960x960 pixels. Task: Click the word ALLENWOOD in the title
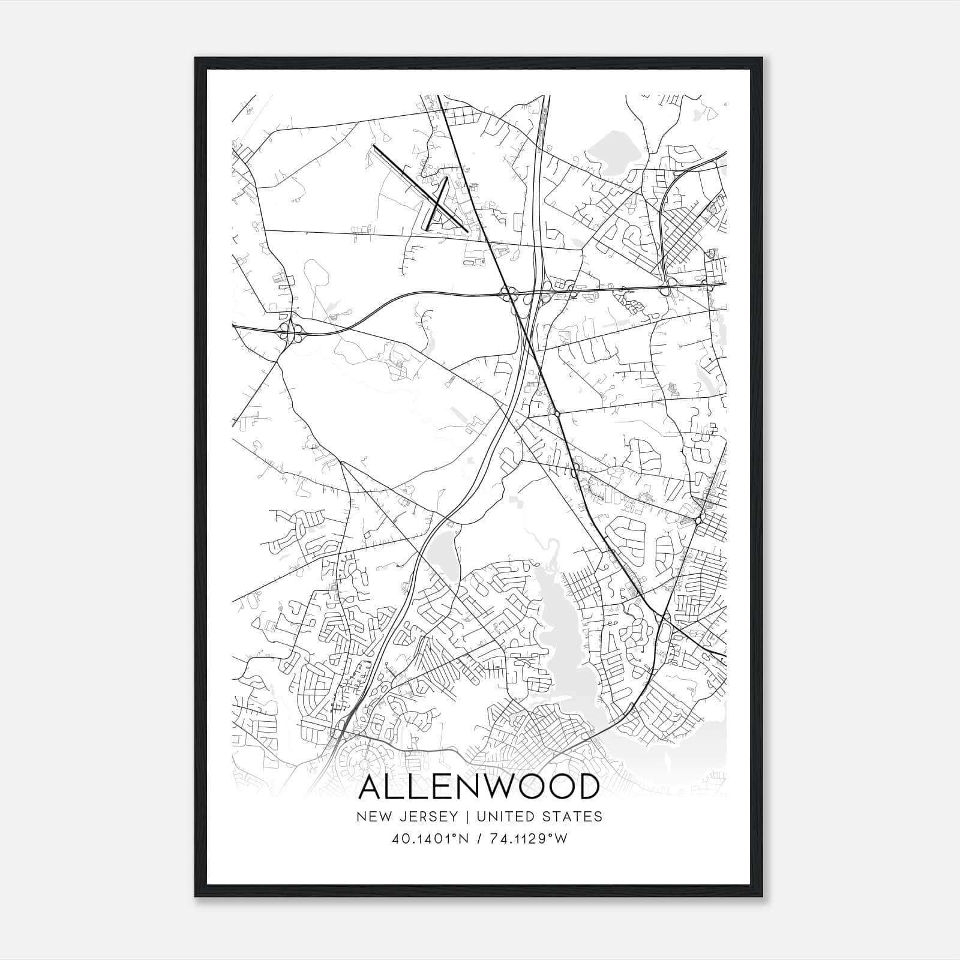(x=479, y=787)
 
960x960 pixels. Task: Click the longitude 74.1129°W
(x=527, y=838)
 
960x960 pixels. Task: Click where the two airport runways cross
(x=437, y=204)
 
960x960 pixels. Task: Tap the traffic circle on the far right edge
(x=700, y=520)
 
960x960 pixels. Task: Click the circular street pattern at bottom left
(x=364, y=764)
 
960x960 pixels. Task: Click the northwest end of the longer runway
(x=374, y=145)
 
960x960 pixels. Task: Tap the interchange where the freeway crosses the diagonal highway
(x=509, y=293)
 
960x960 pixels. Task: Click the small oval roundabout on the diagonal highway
(x=557, y=413)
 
